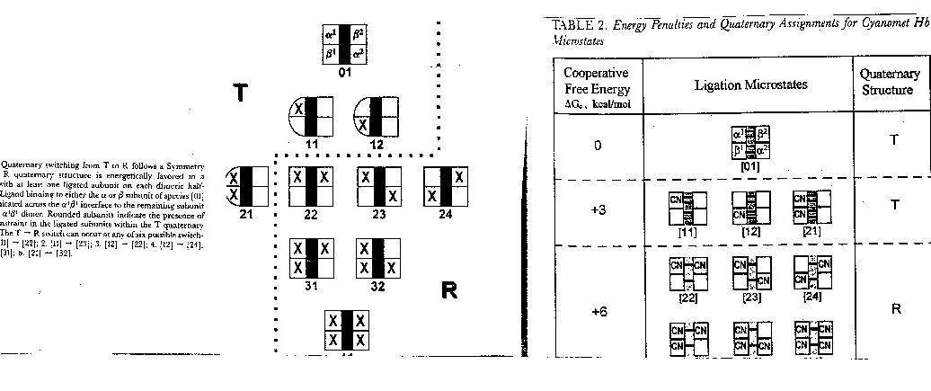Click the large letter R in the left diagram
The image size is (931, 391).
click(449, 289)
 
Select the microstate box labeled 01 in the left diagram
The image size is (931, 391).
click(344, 44)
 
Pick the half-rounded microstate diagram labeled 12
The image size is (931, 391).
click(377, 117)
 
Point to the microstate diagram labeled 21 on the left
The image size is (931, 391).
click(247, 184)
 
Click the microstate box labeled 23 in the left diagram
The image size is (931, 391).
click(378, 184)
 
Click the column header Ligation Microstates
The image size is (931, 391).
click(751, 84)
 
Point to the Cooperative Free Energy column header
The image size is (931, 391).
click(598, 86)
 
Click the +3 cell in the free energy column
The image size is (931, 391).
click(598, 207)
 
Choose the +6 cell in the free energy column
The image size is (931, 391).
click(598, 310)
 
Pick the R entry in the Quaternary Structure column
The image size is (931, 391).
click(895, 308)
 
